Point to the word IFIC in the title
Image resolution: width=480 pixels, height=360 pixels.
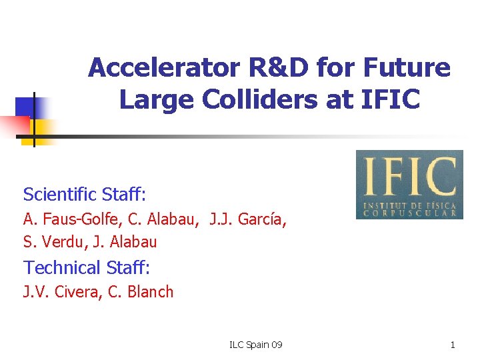point(392,99)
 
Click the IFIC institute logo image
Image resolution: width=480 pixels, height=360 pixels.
point(409,185)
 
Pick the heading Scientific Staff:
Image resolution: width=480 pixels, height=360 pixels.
point(85,194)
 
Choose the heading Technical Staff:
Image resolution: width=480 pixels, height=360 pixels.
point(87,267)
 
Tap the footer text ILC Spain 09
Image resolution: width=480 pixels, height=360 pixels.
point(255,345)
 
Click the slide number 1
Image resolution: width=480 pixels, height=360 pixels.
point(453,345)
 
